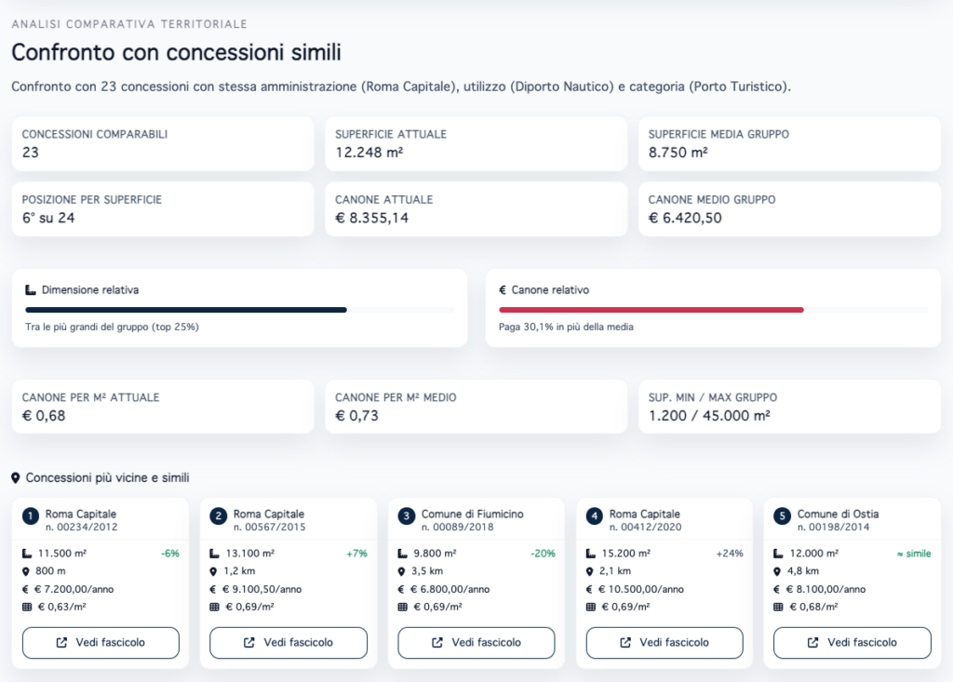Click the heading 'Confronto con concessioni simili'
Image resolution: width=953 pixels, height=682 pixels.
176,51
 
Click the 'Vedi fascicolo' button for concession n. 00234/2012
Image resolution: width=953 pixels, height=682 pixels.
101,642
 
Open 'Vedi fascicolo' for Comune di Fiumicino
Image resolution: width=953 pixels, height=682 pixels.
476,642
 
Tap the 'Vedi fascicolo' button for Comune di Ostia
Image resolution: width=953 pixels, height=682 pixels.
852,642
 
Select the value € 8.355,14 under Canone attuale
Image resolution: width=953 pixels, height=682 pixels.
371,218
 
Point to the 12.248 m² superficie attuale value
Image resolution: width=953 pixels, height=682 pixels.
369,153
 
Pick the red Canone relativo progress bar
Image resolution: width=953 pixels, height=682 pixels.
651,310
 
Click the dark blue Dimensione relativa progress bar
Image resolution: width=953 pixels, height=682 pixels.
186,310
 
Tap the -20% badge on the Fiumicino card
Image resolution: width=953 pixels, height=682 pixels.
543,554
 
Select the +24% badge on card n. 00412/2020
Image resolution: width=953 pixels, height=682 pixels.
730,554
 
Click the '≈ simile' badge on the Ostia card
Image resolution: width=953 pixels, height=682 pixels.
913,554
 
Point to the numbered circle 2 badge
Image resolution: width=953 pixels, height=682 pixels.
219,515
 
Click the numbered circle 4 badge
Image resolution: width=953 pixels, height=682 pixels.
595,515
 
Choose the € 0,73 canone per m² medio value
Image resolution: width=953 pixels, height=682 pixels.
357,416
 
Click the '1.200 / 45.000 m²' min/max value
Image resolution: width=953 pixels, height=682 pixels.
709,416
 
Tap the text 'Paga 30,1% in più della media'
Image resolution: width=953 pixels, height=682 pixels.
567,327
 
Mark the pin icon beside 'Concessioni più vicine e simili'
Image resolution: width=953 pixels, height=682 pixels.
16,478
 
